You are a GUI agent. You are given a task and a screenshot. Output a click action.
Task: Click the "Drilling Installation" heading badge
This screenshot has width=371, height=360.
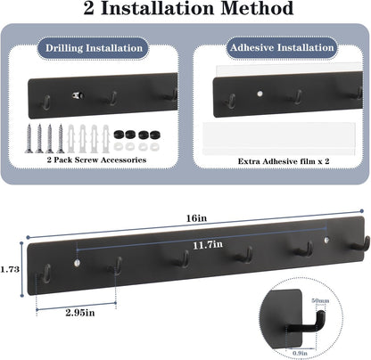click(94, 48)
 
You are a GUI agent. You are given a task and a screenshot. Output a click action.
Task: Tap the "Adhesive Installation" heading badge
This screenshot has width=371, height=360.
click(282, 47)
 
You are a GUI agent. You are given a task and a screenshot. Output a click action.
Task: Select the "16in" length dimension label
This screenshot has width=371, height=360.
click(196, 218)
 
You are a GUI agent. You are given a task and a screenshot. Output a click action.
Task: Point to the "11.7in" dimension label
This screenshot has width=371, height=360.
click(208, 245)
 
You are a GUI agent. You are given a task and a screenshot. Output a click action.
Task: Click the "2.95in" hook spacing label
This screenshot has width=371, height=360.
click(80, 313)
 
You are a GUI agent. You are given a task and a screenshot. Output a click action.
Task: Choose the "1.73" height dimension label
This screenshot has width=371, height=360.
click(10, 269)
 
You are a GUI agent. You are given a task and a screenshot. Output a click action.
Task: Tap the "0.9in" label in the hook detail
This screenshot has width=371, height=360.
click(300, 353)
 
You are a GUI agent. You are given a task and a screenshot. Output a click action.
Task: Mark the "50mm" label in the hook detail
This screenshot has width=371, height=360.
click(320, 300)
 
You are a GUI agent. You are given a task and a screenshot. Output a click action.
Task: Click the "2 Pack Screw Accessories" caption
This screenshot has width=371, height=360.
click(96, 160)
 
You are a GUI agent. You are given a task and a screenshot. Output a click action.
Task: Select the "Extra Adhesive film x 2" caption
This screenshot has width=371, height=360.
click(284, 161)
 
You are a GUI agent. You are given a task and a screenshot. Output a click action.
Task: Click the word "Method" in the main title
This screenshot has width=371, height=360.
click(258, 8)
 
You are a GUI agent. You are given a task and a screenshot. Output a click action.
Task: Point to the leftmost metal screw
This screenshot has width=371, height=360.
click(29, 138)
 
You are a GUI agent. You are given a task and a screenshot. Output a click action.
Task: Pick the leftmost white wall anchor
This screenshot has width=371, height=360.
click(71, 138)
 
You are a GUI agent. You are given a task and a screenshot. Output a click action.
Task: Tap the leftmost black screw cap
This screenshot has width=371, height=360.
click(119, 135)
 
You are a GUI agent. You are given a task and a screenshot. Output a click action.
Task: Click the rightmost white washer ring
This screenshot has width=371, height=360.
click(153, 146)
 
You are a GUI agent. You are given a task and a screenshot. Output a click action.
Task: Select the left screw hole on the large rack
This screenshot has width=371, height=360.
click(77, 263)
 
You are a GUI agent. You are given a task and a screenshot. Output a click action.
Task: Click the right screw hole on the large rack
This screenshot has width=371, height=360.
click(326, 240)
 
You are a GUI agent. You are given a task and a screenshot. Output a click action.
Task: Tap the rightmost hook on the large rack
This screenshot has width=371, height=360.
click(362, 244)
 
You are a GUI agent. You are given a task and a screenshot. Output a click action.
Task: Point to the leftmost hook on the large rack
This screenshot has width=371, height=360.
click(47, 273)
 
